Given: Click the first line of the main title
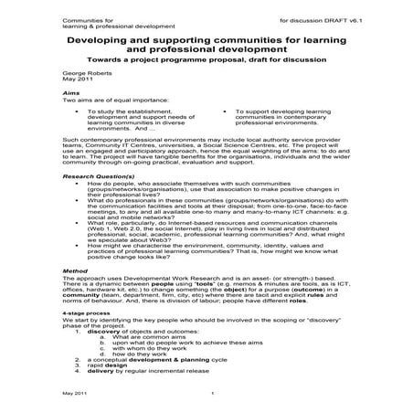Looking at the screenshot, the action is (206, 39).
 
